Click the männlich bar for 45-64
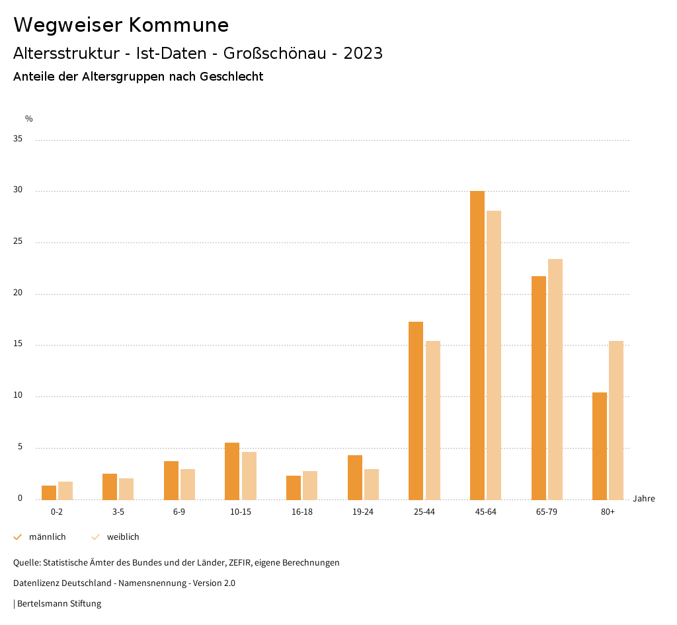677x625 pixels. [x=477, y=345]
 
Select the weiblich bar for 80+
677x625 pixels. [x=616, y=420]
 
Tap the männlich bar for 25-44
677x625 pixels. [x=416, y=410]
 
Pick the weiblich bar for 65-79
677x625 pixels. [x=555, y=379]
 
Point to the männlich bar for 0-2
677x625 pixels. [x=49, y=493]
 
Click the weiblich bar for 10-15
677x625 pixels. [x=249, y=476]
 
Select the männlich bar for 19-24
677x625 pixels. [x=355, y=477]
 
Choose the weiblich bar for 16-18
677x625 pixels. [x=310, y=485]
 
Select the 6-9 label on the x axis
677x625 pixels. [x=179, y=512]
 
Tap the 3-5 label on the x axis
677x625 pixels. [x=118, y=512]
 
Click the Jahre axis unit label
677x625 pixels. [x=644, y=499]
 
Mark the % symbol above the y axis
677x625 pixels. [x=29, y=119]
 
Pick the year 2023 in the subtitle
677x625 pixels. [x=363, y=54]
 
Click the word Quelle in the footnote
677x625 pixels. [x=26, y=563]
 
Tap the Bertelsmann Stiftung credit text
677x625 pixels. [x=59, y=604]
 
